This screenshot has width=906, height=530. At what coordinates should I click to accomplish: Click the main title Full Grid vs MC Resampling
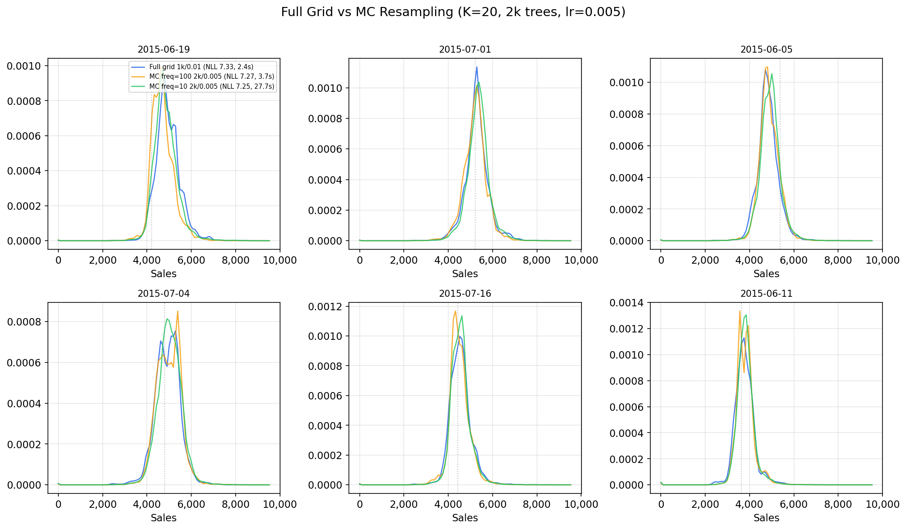point(453,12)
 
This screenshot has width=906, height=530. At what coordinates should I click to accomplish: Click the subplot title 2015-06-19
point(163,50)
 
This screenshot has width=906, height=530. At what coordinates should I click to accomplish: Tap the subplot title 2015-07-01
point(465,50)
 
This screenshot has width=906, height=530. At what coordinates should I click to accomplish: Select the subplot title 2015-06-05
point(766,50)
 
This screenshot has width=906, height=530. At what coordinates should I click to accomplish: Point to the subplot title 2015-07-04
point(163,294)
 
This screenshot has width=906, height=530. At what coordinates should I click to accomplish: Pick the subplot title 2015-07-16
point(465,294)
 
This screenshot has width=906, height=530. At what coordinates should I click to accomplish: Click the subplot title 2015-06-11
point(766,294)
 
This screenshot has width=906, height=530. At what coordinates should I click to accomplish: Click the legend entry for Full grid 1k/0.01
point(201,67)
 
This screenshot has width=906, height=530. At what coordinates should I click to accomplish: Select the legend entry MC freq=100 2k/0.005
point(211,77)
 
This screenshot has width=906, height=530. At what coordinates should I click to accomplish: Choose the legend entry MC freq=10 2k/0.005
point(211,86)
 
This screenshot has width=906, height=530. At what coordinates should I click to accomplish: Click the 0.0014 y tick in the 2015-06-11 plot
point(627,303)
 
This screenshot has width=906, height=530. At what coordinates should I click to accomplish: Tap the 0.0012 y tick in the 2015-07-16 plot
point(326,307)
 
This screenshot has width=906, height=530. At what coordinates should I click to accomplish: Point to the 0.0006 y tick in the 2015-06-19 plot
point(24,136)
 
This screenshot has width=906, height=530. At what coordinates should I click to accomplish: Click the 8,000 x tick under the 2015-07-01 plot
point(537,260)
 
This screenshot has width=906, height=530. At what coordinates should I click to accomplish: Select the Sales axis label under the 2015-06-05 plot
point(766,274)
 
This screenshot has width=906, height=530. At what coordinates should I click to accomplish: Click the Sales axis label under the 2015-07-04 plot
point(163,518)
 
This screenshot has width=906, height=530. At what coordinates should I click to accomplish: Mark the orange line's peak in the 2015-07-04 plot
point(178,311)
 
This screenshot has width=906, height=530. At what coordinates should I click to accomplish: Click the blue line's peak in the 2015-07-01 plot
point(477,67)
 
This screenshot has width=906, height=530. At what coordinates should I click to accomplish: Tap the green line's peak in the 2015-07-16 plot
point(462,316)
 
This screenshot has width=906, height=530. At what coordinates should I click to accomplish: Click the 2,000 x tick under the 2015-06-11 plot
point(705,504)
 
